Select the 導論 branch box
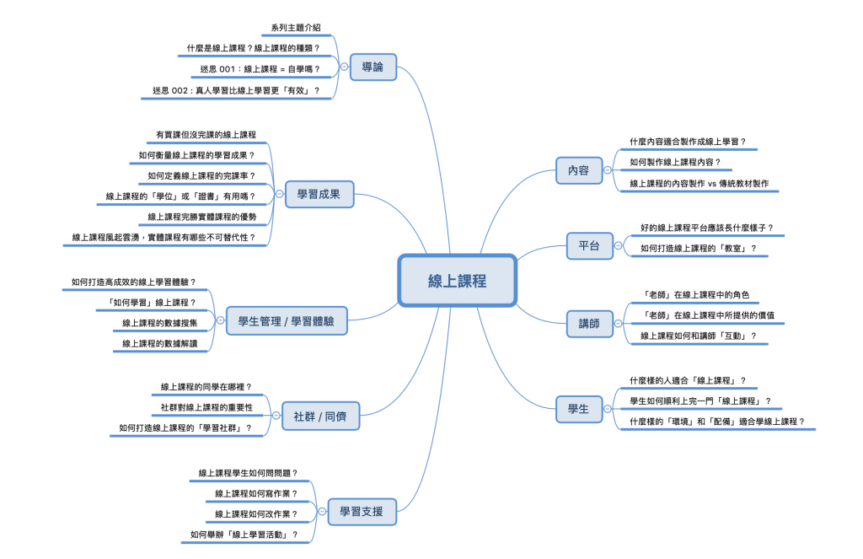[x=373, y=67]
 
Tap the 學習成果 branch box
[x=319, y=195]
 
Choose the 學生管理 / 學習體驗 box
[x=287, y=321]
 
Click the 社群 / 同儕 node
[x=314, y=415]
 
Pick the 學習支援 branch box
[x=362, y=511]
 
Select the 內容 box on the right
[x=579, y=169]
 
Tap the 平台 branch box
[x=589, y=246]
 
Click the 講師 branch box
[x=589, y=323]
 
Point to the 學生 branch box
[x=579, y=409]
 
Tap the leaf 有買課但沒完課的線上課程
[x=206, y=135]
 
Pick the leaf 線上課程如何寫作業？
[x=256, y=493]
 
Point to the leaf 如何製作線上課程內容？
[x=675, y=162]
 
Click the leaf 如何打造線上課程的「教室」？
[x=698, y=248]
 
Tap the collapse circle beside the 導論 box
[x=344, y=67]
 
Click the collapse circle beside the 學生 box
[x=608, y=409]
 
